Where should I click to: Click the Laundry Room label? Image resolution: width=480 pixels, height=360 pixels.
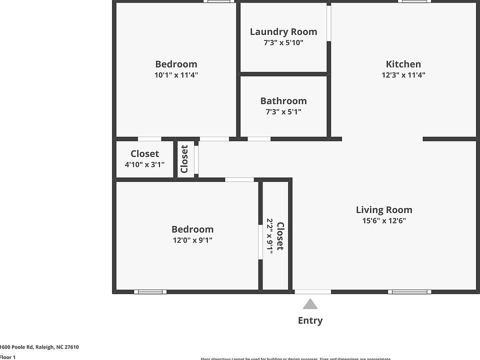pos(283,32)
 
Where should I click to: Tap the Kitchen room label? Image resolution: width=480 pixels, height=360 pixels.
pos(403,64)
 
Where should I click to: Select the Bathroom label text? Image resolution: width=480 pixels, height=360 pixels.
pos(283,101)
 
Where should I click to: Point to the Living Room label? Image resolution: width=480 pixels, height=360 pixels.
pos(384,210)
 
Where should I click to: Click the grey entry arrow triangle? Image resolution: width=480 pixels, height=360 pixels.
pos(310,304)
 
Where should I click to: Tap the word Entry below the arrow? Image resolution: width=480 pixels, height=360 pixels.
pos(310,320)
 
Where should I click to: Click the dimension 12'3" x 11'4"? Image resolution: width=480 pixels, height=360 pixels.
pos(403,75)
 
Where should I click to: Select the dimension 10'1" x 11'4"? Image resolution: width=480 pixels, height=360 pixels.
pos(176,75)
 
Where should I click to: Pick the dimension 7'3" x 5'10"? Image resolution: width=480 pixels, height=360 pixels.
pos(283,43)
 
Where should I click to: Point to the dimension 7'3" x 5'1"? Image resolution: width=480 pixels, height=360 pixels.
pos(283,112)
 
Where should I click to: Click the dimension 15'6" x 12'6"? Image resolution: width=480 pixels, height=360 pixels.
pos(384,221)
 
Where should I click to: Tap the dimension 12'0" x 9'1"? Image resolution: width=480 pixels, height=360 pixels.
pos(192,240)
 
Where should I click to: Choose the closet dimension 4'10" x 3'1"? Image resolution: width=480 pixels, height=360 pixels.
pos(144,164)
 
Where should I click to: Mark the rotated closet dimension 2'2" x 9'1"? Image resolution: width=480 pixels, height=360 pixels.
pos(270,236)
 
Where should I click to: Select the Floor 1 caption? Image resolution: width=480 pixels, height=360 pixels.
pos(8,357)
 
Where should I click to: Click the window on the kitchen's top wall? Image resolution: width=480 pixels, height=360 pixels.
pos(415,1)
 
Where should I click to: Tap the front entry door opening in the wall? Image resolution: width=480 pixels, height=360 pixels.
pos(312,291)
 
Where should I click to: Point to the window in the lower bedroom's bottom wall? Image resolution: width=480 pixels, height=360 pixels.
pos(150,291)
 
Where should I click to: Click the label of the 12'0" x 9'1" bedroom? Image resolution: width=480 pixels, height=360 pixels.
pos(192,229)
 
